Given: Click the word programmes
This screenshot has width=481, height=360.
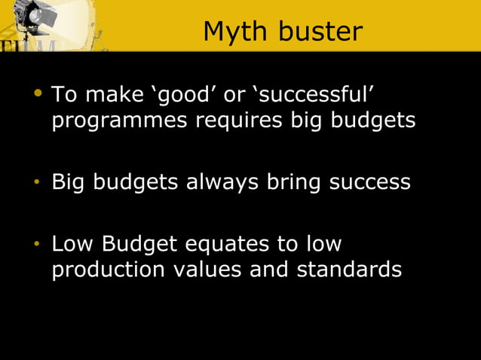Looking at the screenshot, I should (121, 121).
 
